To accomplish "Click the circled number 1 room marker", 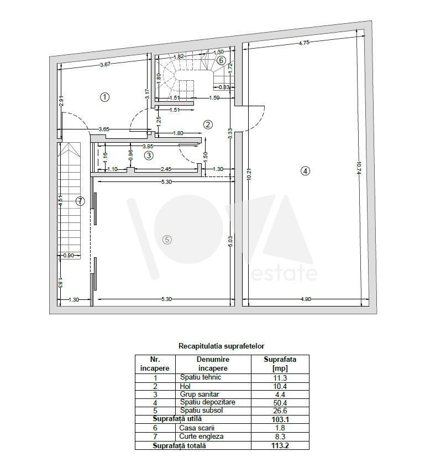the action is click(x=105, y=97).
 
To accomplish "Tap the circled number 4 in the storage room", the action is click(x=305, y=171).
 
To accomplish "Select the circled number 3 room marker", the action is click(x=149, y=155).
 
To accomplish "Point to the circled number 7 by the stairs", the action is click(x=80, y=201).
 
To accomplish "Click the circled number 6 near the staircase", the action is click(x=221, y=60).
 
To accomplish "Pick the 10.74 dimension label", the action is click(x=358, y=168).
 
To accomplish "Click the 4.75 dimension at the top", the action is click(x=304, y=43).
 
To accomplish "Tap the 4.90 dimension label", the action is click(x=306, y=299).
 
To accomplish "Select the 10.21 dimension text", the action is click(x=249, y=174).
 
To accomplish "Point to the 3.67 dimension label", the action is click(x=105, y=64).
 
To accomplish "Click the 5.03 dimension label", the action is click(x=230, y=241).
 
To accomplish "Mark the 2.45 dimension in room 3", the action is click(x=166, y=169).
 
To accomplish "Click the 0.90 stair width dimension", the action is click(x=69, y=256).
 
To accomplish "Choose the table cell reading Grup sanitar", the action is click(x=200, y=394).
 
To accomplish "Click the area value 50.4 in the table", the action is click(x=280, y=402).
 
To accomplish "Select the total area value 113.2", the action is click(x=280, y=445).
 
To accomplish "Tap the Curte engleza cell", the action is click(x=201, y=437).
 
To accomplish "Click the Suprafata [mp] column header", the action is click(x=280, y=364).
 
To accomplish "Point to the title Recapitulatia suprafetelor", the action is click(x=222, y=346).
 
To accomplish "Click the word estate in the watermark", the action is click(x=285, y=273).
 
